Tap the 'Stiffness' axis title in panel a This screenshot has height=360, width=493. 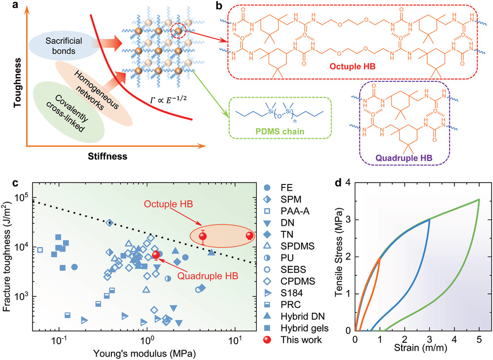(105, 157)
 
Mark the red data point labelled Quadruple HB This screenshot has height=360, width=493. (156, 255)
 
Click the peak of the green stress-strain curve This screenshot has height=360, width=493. (478, 200)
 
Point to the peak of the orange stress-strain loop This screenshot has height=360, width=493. (380, 257)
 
